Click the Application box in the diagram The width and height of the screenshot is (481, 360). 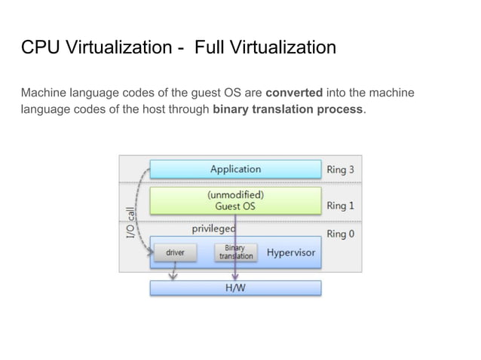click(235, 169)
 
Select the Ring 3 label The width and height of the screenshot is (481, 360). click(341, 169)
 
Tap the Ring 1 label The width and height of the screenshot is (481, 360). click(341, 205)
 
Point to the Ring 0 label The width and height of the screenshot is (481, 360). click(341, 233)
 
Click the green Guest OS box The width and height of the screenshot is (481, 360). click(235, 200)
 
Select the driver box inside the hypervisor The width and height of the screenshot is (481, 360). click(175, 253)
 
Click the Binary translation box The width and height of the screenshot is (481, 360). click(235, 252)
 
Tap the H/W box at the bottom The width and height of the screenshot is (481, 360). click(235, 288)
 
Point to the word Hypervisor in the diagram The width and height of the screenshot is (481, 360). click(291, 253)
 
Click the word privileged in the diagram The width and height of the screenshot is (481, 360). click(214, 227)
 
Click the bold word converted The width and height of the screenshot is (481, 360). click(294, 93)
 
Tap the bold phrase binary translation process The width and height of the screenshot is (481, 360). click(288, 109)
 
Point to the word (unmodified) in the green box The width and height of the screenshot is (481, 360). click(235, 194)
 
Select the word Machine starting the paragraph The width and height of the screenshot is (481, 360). click(44, 93)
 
